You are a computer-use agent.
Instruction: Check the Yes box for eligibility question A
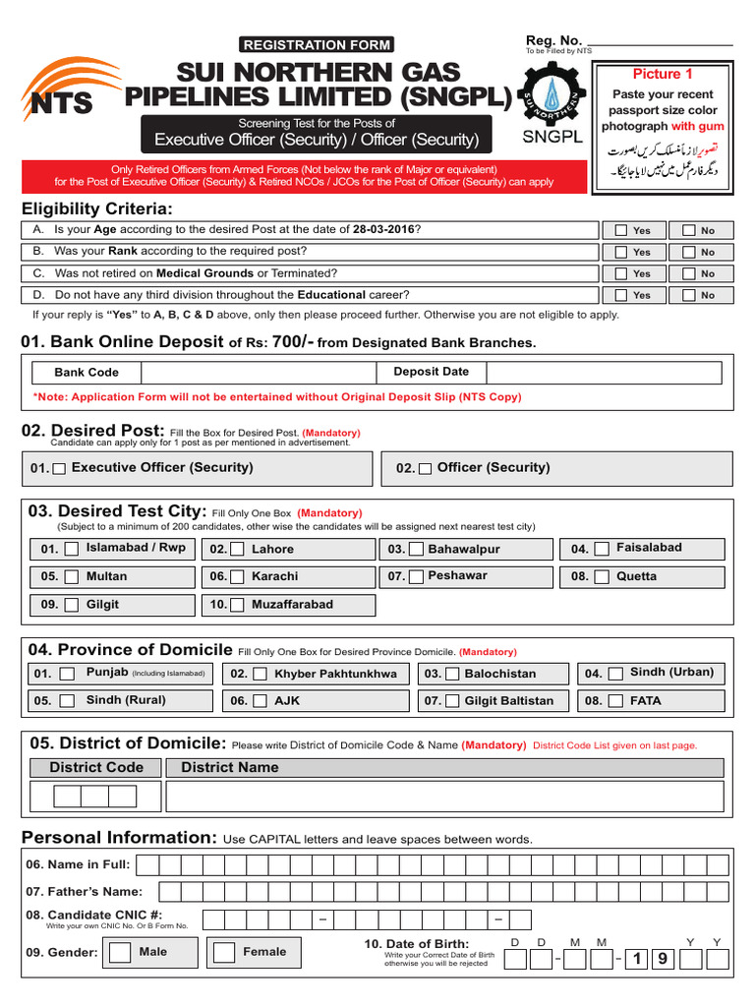tap(621, 230)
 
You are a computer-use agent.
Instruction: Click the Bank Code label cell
tap(87, 373)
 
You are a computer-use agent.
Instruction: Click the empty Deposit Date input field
tap(604, 373)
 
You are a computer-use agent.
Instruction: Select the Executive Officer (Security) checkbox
tap(60, 470)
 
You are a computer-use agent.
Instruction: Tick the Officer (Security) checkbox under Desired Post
tap(425, 470)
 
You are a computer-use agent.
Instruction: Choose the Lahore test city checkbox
tap(239, 550)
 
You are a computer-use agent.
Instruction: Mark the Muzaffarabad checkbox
tap(239, 606)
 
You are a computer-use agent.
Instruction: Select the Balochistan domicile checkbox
tap(451, 675)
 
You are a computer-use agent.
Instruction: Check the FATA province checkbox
tap(615, 701)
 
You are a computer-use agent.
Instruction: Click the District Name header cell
tap(230, 767)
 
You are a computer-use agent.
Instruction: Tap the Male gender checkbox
tap(120, 953)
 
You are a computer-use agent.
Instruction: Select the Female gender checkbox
tap(224, 953)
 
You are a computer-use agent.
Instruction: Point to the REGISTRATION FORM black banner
tap(317, 44)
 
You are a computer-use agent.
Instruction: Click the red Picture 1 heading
tap(663, 74)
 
